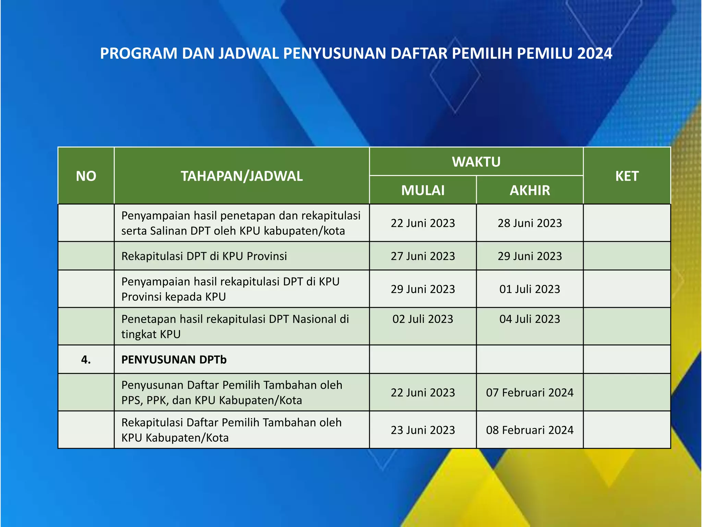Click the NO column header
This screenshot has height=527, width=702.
[86, 176]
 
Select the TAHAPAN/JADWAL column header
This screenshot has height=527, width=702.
[242, 176]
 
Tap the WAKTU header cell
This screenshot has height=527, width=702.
[476, 162]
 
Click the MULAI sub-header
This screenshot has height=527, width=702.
[423, 190]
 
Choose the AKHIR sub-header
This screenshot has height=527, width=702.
[530, 190]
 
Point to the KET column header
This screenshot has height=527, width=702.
[627, 176]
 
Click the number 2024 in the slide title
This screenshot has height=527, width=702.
[594, 54]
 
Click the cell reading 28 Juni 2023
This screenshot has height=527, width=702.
[530, 223]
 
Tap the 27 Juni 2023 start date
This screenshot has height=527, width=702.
[423, 256]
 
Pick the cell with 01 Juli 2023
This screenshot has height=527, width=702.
[530, 289]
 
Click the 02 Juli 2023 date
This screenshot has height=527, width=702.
[423, 319]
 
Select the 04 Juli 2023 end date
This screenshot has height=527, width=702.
[530, 319]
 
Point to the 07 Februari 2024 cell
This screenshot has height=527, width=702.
[530, 393]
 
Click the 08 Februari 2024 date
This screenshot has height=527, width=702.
[530, 430]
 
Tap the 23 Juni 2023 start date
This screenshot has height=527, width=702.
[423, 430]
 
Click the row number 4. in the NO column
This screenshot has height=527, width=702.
[86, 360]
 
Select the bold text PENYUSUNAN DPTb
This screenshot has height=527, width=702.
[174, 360]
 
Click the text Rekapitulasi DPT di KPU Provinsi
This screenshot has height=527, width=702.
[204, 256]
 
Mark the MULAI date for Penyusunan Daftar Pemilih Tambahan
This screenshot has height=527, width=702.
[423, 393]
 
